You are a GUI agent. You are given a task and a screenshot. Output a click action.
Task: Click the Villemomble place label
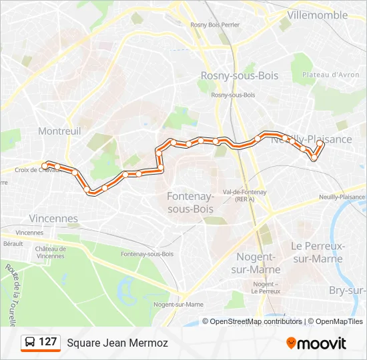click(x=317, y=15)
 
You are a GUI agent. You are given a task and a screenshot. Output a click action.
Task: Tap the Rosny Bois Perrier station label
click(x=214, y=25)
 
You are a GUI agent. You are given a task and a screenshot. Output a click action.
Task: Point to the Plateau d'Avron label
click(x=331, y=75)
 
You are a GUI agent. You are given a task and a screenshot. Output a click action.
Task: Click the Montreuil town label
click(x=59, y=131)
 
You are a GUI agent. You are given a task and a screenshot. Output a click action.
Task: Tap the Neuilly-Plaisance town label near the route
click(x=311, y=139)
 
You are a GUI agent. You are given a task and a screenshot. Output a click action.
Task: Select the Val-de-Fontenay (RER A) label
click(x=245, y=195)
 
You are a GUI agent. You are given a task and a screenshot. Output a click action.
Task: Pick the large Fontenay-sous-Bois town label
click(x=190, y=203)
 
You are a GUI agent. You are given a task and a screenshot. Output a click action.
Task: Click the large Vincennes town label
click(x=53, y=219)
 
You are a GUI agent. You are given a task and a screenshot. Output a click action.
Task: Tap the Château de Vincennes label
click(x=51, y=252)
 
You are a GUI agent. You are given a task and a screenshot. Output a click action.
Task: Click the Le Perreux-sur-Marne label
click(x=318, y=251)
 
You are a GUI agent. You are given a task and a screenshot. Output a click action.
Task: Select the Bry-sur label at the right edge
click(x=348, y=290)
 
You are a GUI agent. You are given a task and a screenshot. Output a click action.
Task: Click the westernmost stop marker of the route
click(x=45, y=165)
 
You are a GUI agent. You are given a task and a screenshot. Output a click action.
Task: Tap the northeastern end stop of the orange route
click(x=320, y=143)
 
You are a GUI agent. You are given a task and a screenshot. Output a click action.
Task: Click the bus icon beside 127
click(x=30, y=343)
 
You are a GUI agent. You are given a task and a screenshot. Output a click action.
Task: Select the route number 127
click(x=47, y=342)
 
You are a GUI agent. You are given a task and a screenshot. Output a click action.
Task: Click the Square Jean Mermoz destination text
click(x=117, y=343)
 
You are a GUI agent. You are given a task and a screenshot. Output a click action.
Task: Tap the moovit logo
click(x=316, y=343)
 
